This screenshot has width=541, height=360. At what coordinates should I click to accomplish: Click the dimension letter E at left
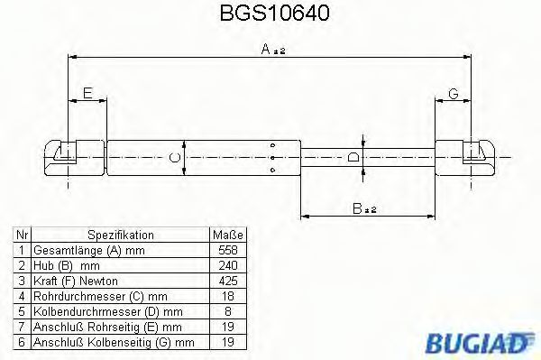87,93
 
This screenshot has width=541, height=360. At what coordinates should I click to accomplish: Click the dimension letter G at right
453,93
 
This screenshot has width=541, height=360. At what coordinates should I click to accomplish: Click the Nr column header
21,232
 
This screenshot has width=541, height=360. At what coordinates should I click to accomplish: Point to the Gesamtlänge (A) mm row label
87,247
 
